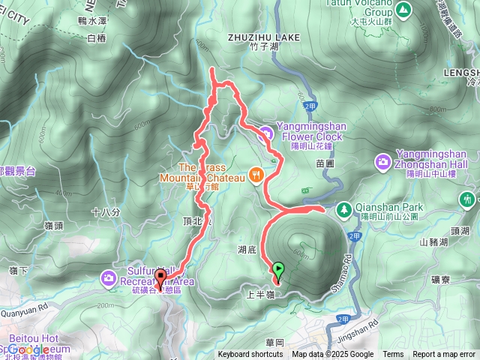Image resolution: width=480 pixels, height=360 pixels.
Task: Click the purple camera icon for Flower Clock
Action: [265, 133]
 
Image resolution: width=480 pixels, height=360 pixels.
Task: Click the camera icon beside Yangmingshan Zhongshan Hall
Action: [383, 161]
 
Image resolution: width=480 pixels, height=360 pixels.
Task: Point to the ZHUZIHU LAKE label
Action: [268, 35]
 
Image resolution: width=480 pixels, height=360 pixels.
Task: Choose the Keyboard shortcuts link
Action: [250, 355]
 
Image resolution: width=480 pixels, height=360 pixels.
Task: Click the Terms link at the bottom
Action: [393, 355]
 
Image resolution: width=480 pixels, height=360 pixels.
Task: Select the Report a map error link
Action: [444, 355]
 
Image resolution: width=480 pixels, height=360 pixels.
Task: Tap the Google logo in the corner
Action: [30, 349]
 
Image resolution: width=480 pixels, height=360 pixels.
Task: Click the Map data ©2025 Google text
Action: [333, 355]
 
